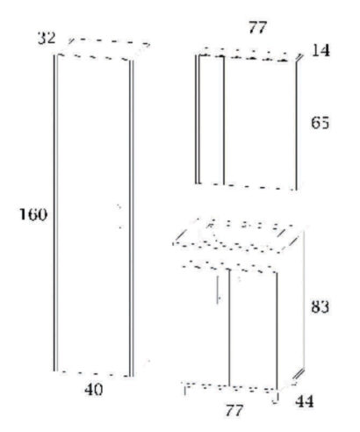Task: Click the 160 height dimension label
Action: coord(33,214)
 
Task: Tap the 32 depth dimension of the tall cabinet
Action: coord(47,38)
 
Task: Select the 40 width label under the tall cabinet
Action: coord(94,390)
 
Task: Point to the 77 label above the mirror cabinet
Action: coord(258,28)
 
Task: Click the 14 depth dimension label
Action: coord(320,50)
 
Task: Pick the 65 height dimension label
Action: coord(320,123)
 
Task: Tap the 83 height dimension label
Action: coord(320,306)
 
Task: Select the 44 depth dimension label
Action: coord(305,401)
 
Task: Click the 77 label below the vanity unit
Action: coord(234,410)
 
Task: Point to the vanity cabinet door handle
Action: coord(218,290)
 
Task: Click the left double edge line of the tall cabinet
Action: coord(55,213)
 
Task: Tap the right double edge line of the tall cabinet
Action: coord(132,219)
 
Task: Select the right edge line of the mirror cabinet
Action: coord(296,126)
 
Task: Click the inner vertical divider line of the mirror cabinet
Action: coord(224,120)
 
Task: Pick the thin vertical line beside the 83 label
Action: coord(304,300)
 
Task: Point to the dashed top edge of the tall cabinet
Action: coord(94,57)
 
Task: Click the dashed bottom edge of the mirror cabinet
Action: coord(248,186)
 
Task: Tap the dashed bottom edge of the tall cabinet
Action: coord(94,374)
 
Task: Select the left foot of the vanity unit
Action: coord(185,390)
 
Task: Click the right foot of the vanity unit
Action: coord(276,398)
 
